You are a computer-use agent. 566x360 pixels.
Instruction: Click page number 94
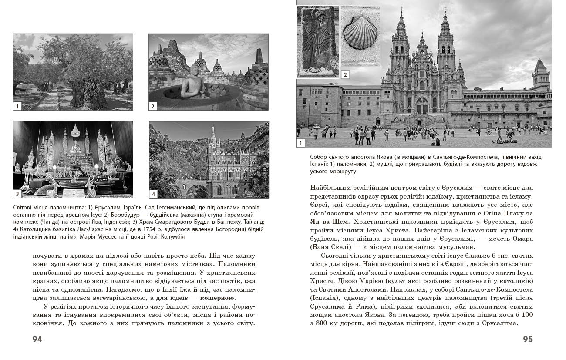(x=37, y=340)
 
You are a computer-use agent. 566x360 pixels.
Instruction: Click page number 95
(x=528, y=340)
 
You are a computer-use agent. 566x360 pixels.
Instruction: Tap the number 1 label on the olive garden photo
(x=17, y=106)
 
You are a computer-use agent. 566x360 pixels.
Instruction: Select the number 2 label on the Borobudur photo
(x=153, y=106)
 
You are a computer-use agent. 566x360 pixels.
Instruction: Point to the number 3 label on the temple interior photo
(x=17, y=194)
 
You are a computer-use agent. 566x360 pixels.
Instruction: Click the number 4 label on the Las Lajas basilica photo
(x=153, y=194)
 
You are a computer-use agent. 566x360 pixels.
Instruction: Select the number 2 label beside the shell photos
(x=345, y=74)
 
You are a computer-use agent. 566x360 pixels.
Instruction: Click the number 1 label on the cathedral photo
(x=301, y=143)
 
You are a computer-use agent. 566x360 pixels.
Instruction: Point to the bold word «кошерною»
(x=217, y=298)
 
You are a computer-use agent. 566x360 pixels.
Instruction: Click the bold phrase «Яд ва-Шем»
(x=326, y=222)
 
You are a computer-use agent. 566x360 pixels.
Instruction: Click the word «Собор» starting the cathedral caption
(x=319, y=157)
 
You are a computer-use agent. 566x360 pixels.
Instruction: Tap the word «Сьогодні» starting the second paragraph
(x=335, y=255)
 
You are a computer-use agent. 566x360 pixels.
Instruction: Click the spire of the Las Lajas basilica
(x=213, y=133)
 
